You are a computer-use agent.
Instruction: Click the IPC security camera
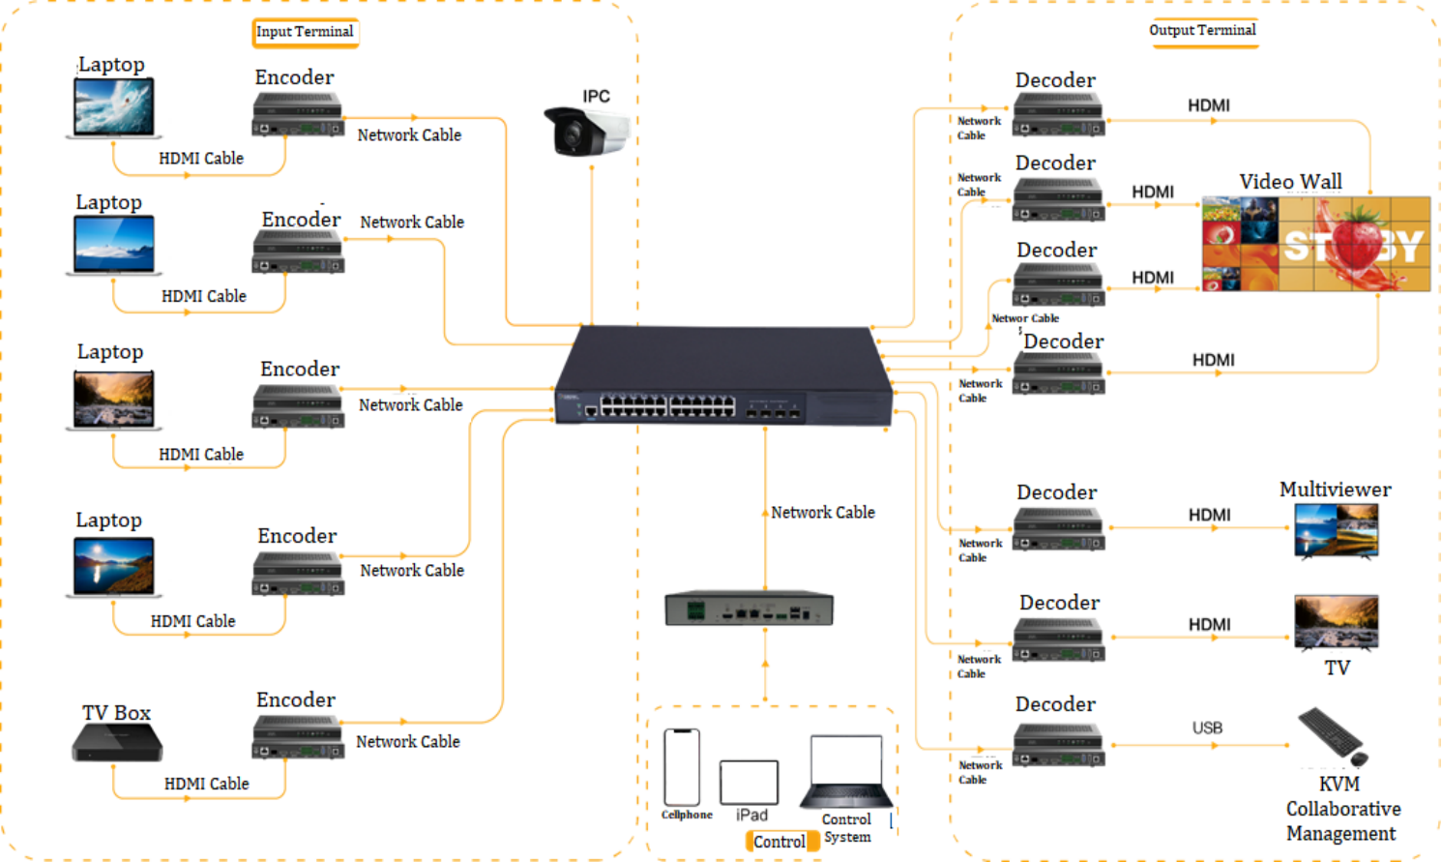586,131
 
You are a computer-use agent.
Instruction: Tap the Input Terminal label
305,32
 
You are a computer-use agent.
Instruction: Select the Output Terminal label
1202,30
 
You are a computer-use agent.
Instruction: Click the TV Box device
117,743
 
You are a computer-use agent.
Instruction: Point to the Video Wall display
1315,244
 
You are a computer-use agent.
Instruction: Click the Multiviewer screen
1336,529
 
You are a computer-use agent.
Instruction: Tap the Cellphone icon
682,767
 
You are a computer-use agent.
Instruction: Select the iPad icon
749,782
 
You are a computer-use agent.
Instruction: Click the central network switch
723,378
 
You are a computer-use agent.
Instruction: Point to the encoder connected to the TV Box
298,737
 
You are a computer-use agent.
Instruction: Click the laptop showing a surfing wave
114,107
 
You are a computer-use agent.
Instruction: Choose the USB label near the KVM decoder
1207,728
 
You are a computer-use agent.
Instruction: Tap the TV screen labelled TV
1336,622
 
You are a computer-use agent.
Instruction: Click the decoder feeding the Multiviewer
1058,530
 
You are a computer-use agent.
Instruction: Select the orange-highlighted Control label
780,842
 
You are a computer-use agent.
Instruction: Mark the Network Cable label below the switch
823,513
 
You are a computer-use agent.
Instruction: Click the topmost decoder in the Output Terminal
1058,115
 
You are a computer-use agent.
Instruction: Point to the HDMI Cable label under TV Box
206,784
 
